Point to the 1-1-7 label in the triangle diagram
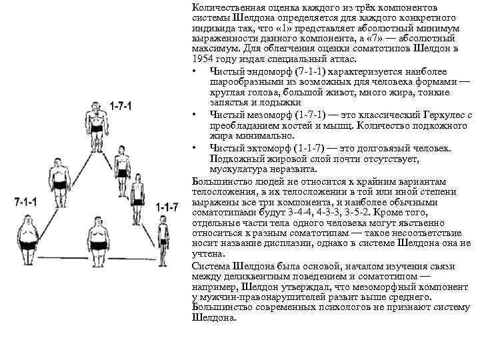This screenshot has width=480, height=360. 167,208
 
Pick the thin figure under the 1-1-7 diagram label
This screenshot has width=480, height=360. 162,239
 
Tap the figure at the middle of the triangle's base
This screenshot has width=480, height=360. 98,237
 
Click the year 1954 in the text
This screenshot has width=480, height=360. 203,59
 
